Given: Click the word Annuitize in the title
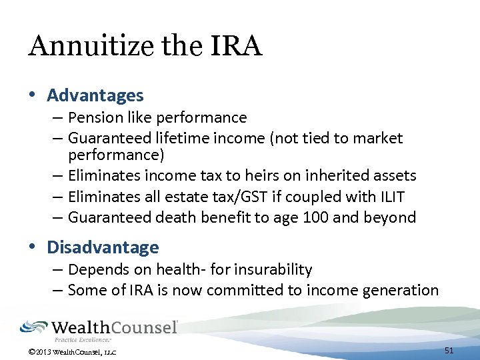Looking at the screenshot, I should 79,47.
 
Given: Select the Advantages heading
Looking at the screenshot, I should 95,95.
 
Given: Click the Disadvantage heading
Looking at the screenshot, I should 103,247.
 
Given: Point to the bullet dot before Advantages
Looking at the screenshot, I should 32,96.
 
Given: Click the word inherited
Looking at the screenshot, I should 339,176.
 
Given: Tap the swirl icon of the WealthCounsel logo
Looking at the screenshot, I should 33,327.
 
